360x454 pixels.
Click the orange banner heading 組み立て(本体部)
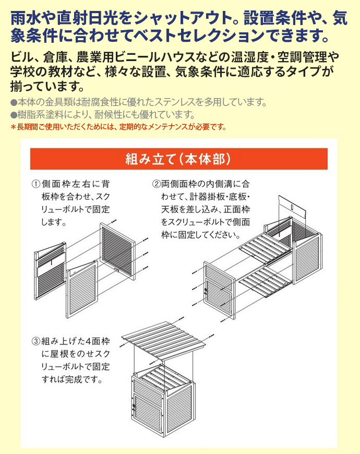click(x=179, y=159)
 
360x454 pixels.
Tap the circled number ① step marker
click(x=36, y=184)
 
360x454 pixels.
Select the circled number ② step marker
click(x=157, y=184)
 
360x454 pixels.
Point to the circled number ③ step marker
click(x=36, y=342)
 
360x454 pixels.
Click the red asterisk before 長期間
click(x=13, y=127)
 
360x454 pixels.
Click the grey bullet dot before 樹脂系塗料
click(x=14, y=115)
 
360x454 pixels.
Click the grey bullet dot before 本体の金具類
click(x=14, y=102)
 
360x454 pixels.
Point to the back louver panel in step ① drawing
click(x=118, y=251)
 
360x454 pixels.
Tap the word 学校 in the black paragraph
click(x=19, y=71)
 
